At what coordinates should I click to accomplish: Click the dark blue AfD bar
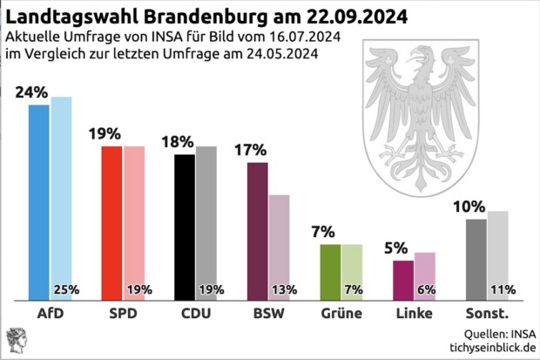click(x=39, y=200)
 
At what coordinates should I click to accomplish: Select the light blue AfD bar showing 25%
click(x=61, y=192)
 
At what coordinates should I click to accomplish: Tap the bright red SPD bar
click(x=112, y=221)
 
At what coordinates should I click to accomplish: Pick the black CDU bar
click(x=185, y=226)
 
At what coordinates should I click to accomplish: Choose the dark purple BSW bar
click(x=258, y=230)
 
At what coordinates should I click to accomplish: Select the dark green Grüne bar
click(x=330, y=270)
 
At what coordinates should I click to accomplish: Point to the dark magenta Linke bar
click(x=403, y=279)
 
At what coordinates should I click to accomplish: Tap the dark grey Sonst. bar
click(x=476, y=257)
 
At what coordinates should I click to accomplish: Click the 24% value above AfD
click(x=30, y=93)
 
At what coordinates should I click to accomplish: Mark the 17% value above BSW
click(x=250, y=150)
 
